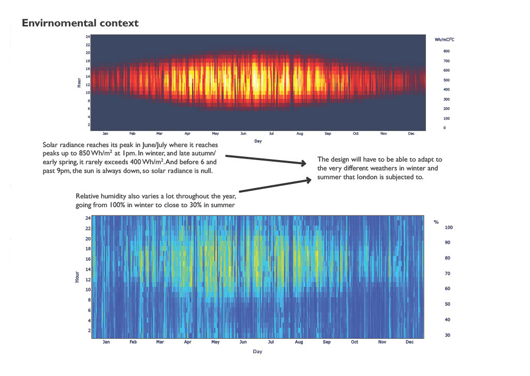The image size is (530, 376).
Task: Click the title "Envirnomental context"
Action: [80, 23]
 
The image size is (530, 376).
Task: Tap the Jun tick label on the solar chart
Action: [243, 134]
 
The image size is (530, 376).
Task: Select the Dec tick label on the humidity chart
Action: [409, 342]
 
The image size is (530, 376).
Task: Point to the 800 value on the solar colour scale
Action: [446, 51]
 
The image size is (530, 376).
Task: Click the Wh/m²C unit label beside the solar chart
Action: [445, 39]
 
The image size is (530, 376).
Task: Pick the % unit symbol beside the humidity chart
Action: [436, 222]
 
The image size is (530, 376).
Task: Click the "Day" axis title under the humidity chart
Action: [257, 352]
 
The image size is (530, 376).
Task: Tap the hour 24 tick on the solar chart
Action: [88, 37]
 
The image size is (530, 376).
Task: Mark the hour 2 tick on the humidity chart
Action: [88, 330]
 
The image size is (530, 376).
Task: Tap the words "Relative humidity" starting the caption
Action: [99, 197]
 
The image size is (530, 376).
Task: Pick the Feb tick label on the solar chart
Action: [132, 134]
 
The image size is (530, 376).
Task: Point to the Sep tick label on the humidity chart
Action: [327, 342]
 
